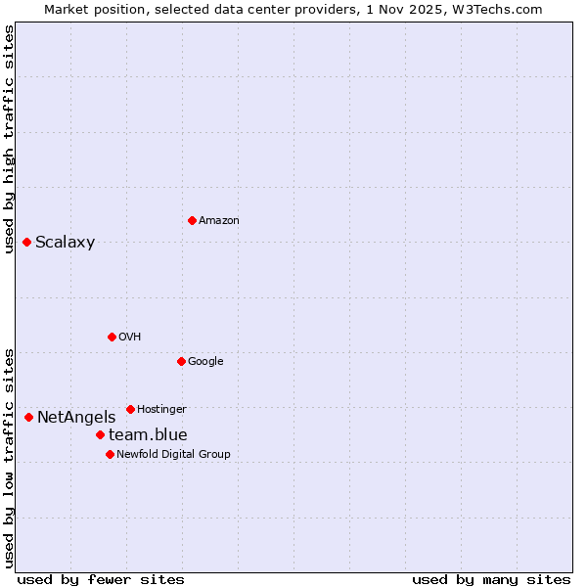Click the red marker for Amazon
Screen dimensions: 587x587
192,220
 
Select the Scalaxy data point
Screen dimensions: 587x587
26,242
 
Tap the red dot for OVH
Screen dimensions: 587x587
112,337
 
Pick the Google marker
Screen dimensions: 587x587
181,361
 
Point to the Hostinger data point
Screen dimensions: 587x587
130,409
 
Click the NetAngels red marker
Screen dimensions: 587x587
28,417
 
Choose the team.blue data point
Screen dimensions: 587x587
100,434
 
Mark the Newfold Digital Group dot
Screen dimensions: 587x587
110,454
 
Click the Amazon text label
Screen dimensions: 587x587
219,221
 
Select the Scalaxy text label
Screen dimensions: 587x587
66,243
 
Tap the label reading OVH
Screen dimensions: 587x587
130,338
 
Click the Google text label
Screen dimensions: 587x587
205,362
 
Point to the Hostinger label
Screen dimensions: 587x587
161,409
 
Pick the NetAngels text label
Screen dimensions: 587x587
76,418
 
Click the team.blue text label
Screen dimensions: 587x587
148,435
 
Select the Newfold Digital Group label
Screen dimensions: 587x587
173,454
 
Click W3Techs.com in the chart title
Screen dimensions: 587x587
499,9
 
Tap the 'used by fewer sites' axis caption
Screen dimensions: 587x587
101,579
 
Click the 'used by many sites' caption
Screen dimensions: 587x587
491,579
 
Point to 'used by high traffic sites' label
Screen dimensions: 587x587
9,139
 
